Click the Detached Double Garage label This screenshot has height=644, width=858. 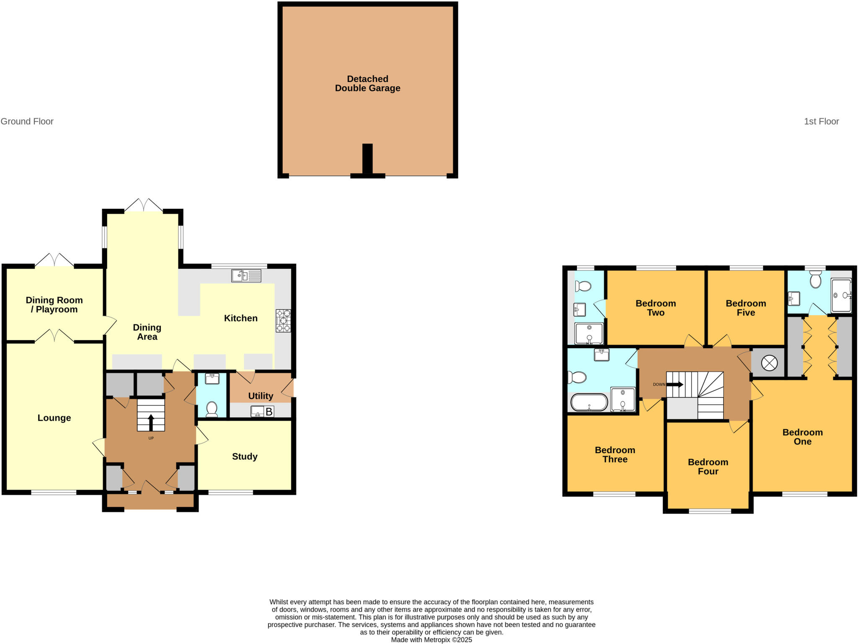pos(367,84)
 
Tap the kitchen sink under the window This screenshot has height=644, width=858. pos(246,275)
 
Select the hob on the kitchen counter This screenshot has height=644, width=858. pos(283,321)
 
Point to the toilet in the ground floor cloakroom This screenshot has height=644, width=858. pos(212,409)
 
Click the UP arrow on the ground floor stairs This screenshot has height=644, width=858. pos(151,422)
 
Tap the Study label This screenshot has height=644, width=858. pos(245,457)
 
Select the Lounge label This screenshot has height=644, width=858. pos(54,418)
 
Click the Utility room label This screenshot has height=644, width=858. pos(261,396)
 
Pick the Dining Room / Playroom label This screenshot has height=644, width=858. pos(54,305)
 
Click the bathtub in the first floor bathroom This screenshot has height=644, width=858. pos(589,403)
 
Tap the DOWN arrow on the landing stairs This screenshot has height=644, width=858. pos(675,384)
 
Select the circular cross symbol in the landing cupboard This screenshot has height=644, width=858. pos(769,363)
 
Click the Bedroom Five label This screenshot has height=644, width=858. pos(746,308)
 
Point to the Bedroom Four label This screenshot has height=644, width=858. pos(708,467)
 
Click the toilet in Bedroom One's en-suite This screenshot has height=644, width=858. pos(815,280)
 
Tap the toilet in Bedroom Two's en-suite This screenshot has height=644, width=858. pos(583,286)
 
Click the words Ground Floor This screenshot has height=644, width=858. pos(27,121)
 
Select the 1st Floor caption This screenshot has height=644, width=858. pos(821,121)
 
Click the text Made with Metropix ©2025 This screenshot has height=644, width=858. pos(431,639)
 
